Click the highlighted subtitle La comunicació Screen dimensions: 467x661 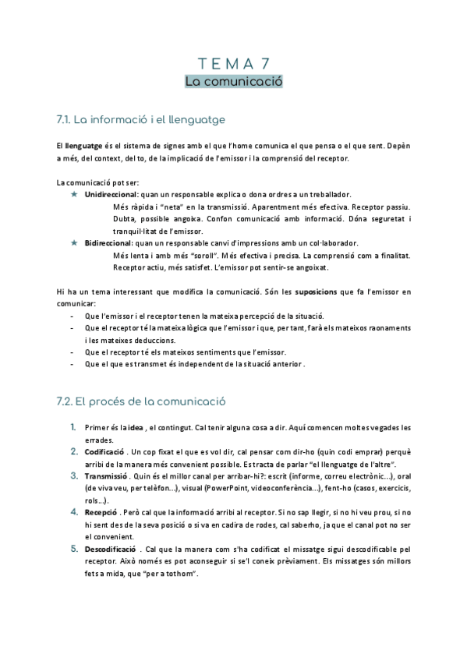tap(232, 81)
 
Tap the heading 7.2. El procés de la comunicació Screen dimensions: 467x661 tap(140, 403)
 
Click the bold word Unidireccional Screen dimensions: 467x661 tap(111, 194)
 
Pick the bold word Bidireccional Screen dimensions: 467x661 tap(108, 243)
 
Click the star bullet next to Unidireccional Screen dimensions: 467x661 tap(74, 194)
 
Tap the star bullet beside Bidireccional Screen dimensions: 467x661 tap(74, 243)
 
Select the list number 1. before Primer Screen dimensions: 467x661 tap(73, 427)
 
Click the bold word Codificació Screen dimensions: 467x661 tap(104, 451)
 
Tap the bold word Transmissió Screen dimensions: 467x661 tap(105, 475)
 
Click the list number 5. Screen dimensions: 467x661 tap(73, 550)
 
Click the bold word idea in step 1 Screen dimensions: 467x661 tap(136, 428)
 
